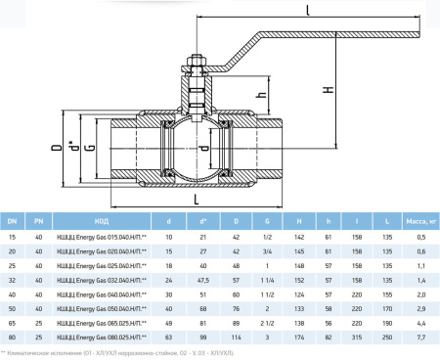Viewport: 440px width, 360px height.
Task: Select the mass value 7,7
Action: coord(420,336)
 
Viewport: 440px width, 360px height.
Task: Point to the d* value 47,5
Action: coord(202,278)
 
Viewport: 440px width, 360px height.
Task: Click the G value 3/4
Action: coord(266,250)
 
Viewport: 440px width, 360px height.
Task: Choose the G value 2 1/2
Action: coord(266,321)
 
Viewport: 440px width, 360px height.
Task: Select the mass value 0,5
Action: coord(420,237)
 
